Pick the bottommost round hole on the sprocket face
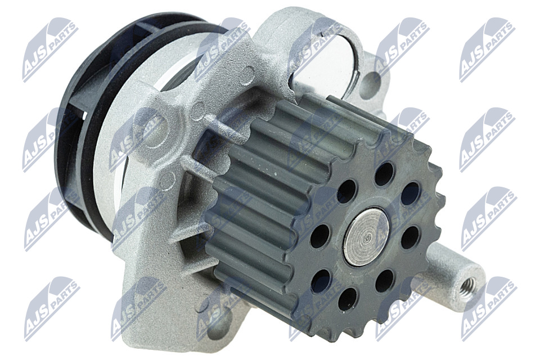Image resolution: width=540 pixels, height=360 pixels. [x=348, y=299]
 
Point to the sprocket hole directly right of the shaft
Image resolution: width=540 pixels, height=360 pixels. [x=410, y=236]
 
